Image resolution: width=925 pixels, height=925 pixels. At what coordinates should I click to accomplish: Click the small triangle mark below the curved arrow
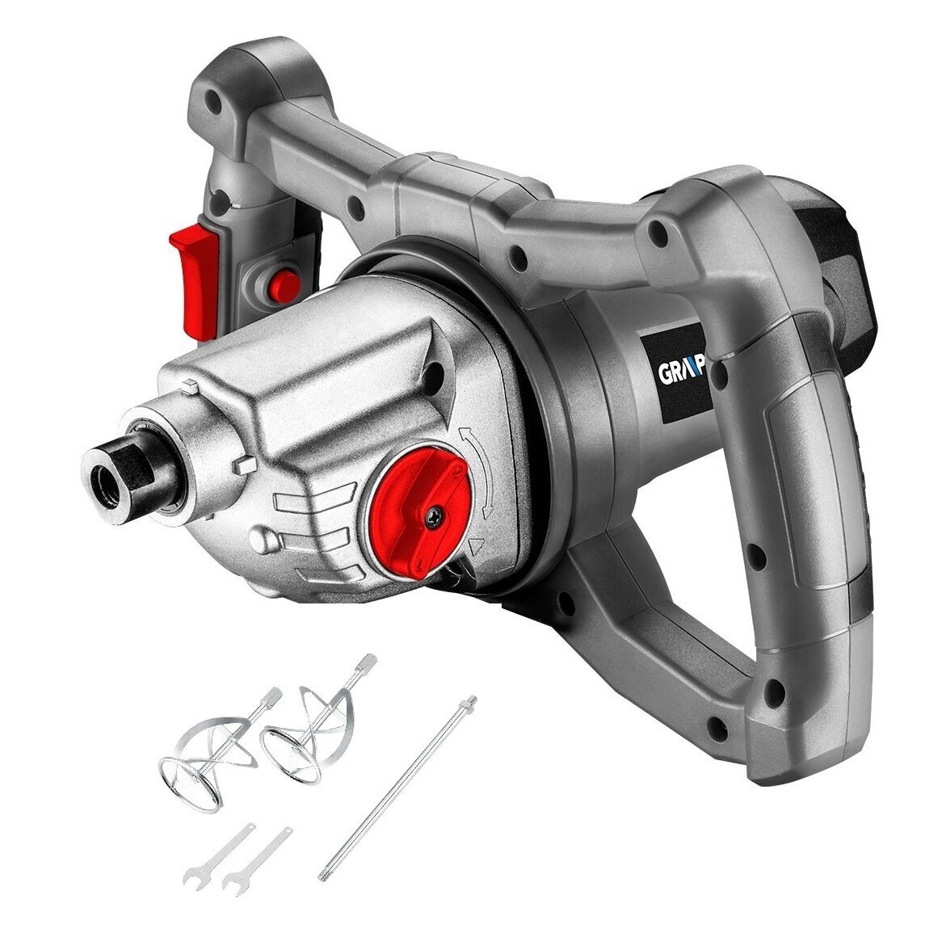477,546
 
